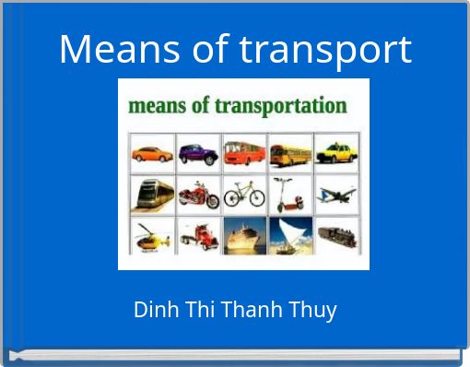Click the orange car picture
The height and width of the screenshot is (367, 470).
[x=151, y=152]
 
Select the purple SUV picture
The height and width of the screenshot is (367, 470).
[x=197, y=152]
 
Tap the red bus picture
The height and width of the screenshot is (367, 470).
[x=243, y=152]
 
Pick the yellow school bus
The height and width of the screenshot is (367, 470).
[x=289, y=152]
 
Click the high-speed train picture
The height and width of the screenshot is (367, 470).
[x=151, y=195]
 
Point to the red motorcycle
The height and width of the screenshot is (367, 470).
[x=197, y=195]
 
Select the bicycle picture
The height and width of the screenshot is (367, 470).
[x=243, y=195]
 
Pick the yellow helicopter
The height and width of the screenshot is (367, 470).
[x=151, y=236]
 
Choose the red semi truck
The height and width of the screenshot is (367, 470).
[x=197, y=236]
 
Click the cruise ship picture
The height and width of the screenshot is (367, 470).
[x=243, y=236]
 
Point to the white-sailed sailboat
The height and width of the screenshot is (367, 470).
[x=289, y=236]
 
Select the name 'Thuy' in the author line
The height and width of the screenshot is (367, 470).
[x=316, y=310]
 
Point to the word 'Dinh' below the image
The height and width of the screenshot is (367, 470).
[x=154, y=310]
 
